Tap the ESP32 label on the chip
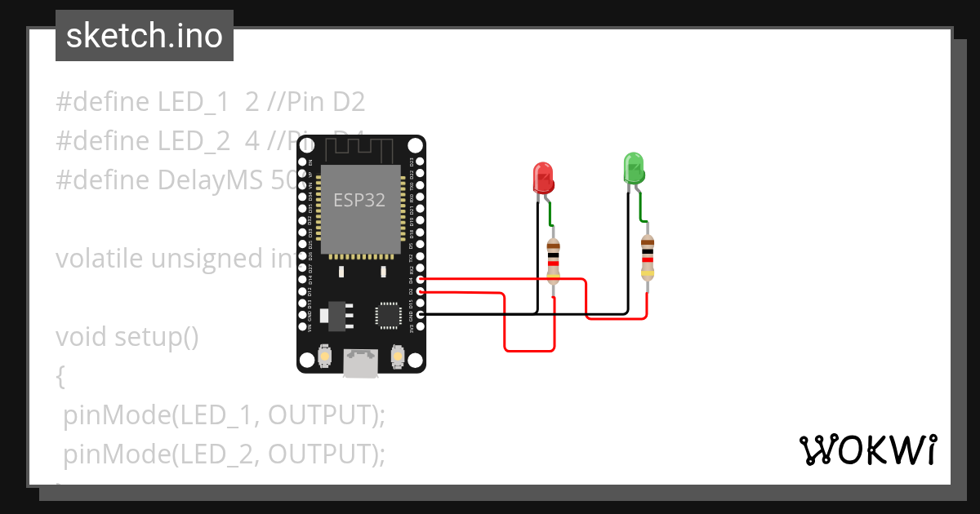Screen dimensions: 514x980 [359, 201]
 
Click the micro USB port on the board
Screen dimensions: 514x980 [360, 363]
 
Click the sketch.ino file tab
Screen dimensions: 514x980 [145, 36]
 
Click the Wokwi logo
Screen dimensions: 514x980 [867, 450]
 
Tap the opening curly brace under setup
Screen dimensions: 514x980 [60, 376]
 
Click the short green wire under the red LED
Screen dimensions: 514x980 [550, 214]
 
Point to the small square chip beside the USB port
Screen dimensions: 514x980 [387, 315]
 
